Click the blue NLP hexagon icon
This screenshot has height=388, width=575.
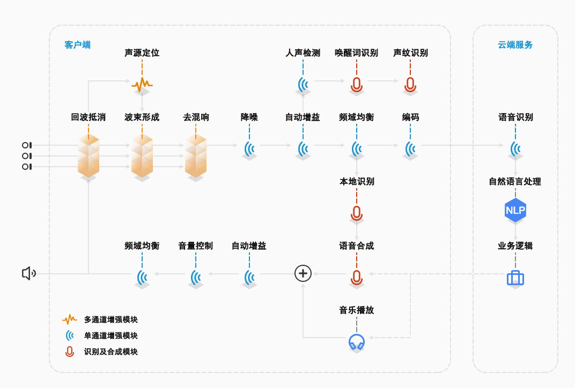coord(515,210)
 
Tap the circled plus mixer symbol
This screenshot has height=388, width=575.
coord(303,273)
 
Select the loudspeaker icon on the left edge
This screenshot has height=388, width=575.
coord(28,273)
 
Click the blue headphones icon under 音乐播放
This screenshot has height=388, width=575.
coord(357,341)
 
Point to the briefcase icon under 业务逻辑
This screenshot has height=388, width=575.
coord(515,278)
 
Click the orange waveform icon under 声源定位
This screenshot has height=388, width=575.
coord(142,84)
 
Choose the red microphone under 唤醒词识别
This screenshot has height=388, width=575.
coord(357,84)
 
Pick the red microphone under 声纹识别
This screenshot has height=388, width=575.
coord(410,84)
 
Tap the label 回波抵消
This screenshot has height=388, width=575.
coord(89,117)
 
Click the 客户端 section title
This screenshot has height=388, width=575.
coord(78,44)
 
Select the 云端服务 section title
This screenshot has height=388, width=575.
coord(515,44)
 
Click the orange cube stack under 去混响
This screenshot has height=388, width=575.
coord(196,155)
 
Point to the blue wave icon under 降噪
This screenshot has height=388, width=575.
coord(249,148)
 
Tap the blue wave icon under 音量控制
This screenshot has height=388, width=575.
coord(196,277)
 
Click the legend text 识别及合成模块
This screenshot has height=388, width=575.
coord(111,352)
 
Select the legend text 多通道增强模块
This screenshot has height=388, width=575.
coord(111,319)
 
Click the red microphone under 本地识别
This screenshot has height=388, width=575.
coord(357,213)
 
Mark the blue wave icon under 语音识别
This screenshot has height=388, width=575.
coord(515,148)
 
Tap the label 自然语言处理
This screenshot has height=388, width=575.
coord(515,181)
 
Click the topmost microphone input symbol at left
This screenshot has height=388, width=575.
coord(26,145)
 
